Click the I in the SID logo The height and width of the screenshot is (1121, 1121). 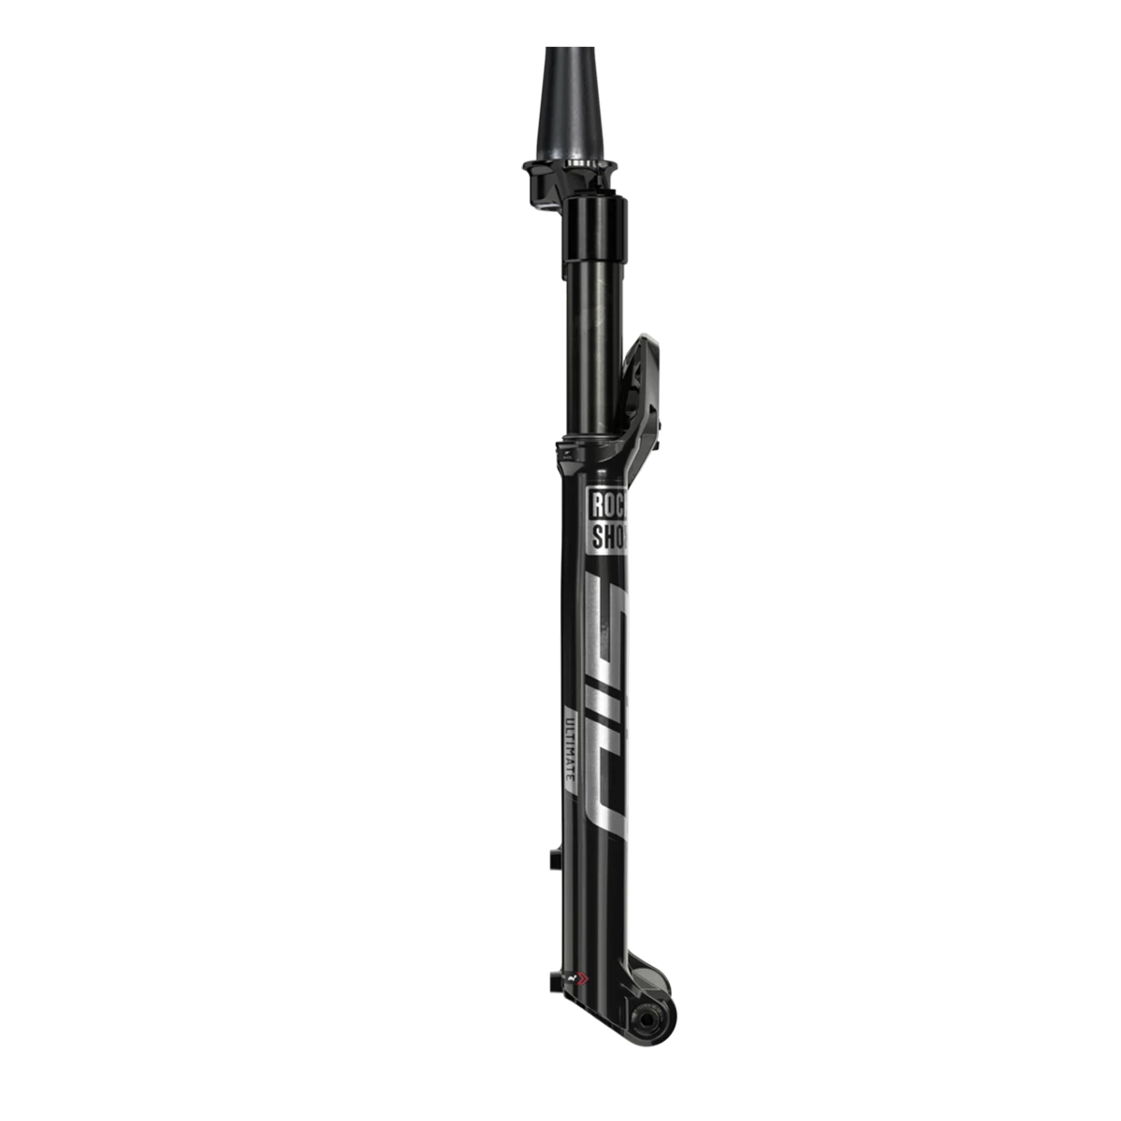(x=605, y=696)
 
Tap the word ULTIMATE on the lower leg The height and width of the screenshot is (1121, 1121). (x=572, y=757)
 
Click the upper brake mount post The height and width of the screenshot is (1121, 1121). (x=556, y=851)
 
